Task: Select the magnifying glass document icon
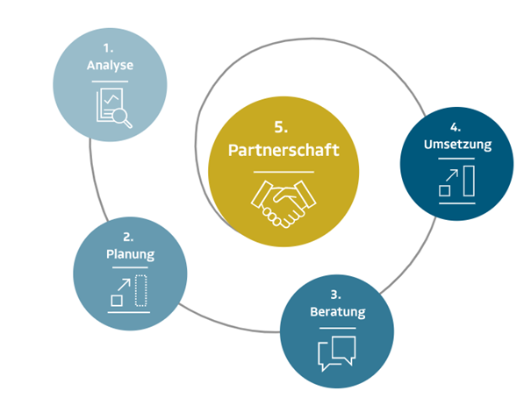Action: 113,107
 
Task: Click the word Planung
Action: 130,255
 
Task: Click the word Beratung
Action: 336,312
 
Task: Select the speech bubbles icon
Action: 336,352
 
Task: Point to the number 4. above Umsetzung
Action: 456,128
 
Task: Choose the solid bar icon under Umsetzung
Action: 468,180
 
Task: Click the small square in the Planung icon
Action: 116,301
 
